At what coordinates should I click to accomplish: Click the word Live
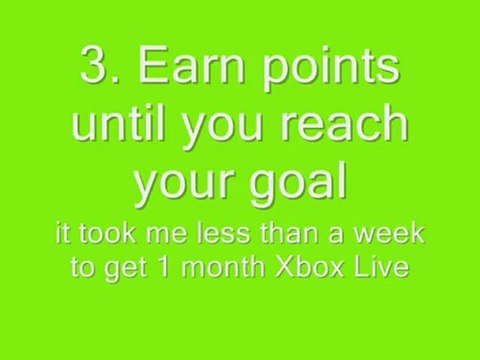(x=381, y=268)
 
